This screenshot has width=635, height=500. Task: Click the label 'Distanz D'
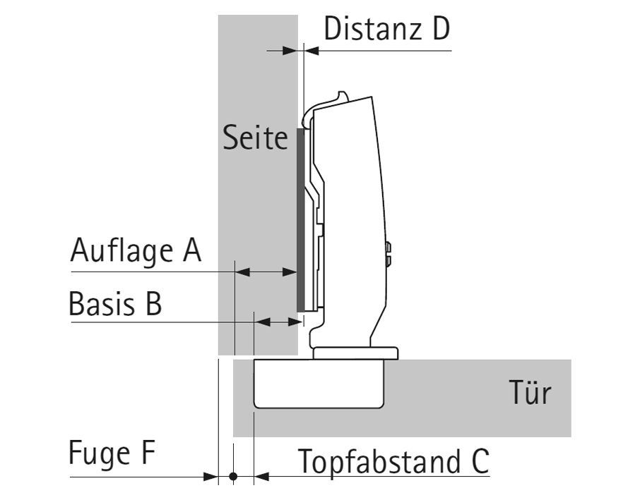386,30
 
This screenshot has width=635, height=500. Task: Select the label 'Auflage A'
136,250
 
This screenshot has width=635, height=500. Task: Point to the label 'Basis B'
115,305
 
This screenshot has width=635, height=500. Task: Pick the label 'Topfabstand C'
393,462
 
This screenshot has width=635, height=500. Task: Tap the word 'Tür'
530,392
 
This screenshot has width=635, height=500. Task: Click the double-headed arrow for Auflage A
265,272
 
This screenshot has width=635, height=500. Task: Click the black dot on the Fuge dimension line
234,477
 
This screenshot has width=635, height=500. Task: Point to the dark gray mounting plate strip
299,219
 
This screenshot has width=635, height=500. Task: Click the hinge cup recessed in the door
319,384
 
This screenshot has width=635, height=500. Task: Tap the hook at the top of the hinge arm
342,96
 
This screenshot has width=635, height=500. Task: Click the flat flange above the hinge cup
356,353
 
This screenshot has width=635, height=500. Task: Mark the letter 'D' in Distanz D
438,30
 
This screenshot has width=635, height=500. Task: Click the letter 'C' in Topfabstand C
477,462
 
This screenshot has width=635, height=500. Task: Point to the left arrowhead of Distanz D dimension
290,50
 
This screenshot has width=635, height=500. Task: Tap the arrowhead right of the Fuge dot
261,477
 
